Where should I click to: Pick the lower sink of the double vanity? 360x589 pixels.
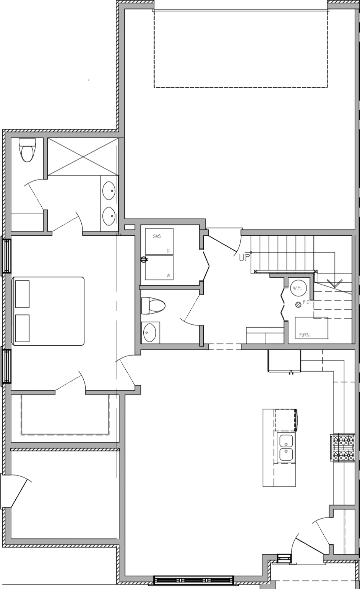(x=109, y=215)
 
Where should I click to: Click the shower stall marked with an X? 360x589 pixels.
(x=81, y=157)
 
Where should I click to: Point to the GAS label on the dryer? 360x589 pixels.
(x=157, y=236)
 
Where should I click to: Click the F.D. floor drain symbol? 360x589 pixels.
(x=298, y=304)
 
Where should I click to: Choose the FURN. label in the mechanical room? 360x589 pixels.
(x=305, y=335)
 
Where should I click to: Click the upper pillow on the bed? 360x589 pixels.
(x=22, y=294)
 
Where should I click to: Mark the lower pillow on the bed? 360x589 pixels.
(x=22, y=328)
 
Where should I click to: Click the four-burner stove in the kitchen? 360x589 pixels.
(x=343, y=447)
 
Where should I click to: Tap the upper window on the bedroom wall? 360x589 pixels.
(x=6, y=256)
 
